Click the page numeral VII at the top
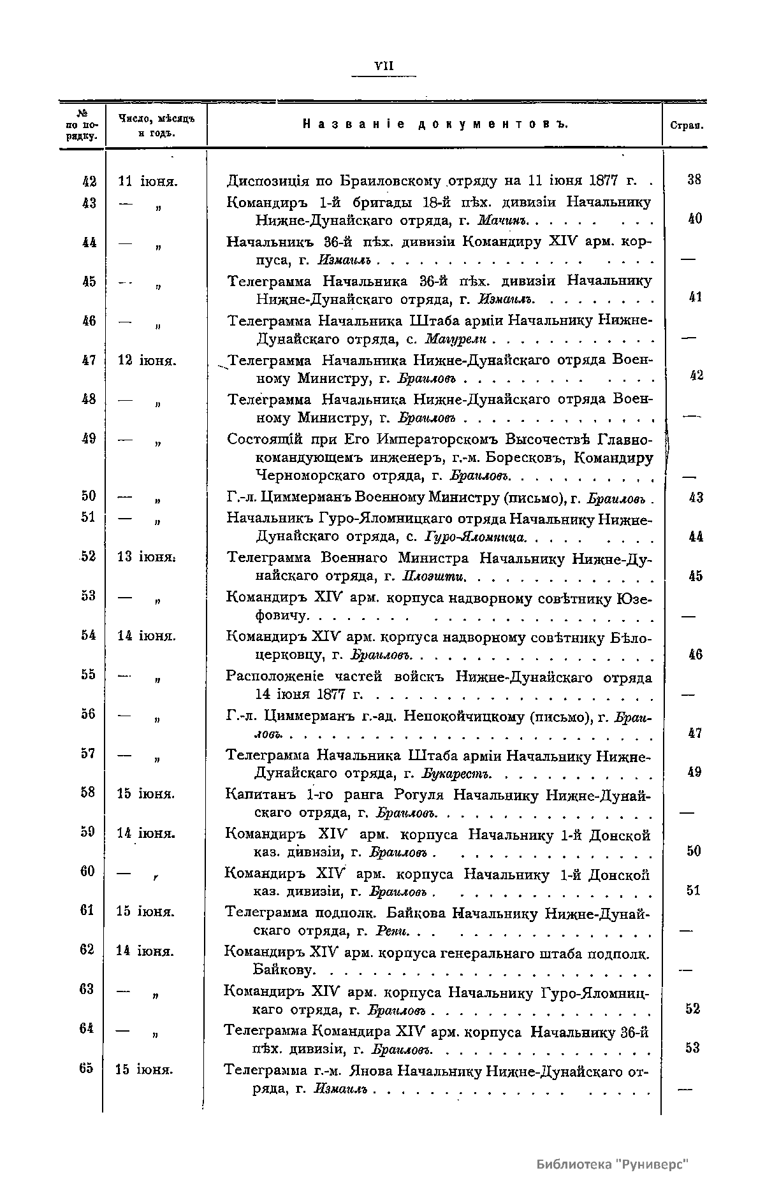[x=384, y=66]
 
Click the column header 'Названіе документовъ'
[x=435, y=124]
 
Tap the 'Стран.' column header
[x=686, y=126]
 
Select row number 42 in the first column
[x=89, y=181]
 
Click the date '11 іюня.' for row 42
[x=148, y=181]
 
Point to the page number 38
[x=695, y=180]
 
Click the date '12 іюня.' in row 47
[x=148, y=361]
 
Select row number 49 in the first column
[x=89, y=439]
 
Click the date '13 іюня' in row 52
[x=147, y=557]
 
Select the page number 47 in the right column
[x=695, y=733]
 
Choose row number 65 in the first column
[x=87, y=1069]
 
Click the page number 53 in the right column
[x=693, y=1048]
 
